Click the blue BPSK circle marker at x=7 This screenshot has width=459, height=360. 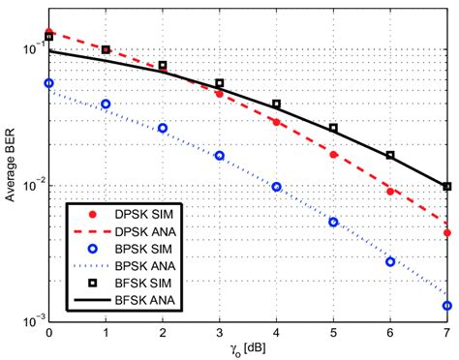[x=446, y=305]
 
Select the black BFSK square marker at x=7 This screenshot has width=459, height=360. [x=446, y=186]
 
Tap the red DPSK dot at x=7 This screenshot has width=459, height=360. [x=446, y=232]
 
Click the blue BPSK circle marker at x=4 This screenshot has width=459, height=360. [x=276, y=187]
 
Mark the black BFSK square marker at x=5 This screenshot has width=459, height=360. [x=333, y=128]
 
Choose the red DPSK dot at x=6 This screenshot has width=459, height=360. [x=390, y=192]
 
